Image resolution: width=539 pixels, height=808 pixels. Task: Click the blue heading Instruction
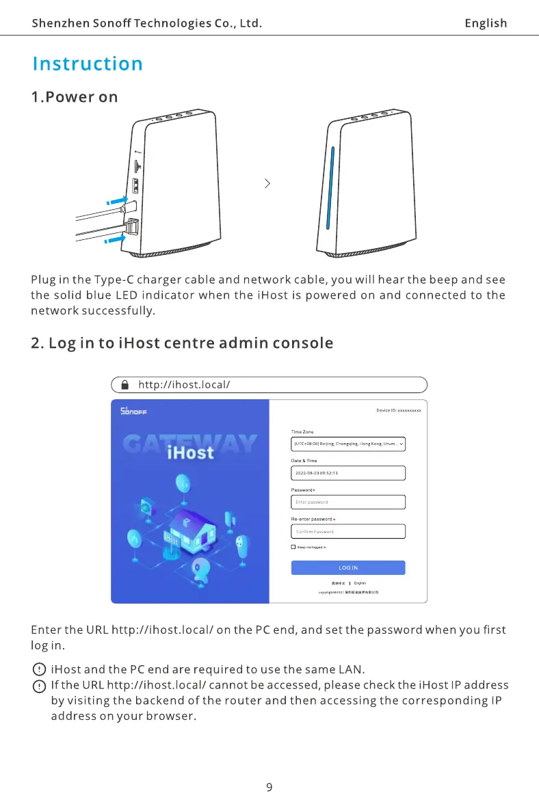(88, 64)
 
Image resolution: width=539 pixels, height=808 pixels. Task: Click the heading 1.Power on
(75, 97)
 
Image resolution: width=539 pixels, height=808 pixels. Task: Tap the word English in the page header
(486, 23)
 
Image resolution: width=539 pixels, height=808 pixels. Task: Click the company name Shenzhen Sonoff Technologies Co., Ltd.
(147, 23)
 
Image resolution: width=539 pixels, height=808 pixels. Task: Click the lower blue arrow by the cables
(116, 239)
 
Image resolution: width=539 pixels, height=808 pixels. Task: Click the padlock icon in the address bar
(124, 385)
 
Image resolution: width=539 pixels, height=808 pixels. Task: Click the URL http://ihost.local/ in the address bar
(183, 385)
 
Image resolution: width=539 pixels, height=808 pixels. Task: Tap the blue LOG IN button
(348, 567)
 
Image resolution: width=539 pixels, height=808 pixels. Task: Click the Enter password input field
(348, 502)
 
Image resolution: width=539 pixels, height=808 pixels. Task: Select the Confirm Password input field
(348, 531)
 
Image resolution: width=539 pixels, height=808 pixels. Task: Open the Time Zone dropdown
(348, 444)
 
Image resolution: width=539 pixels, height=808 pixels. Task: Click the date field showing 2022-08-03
(348, 473)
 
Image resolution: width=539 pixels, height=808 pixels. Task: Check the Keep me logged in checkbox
(293, 548)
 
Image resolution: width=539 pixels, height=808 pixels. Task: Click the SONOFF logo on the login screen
(133, 412)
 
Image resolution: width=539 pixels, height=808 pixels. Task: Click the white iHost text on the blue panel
(190, 452)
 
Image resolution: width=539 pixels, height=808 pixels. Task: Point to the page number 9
(269, 787)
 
